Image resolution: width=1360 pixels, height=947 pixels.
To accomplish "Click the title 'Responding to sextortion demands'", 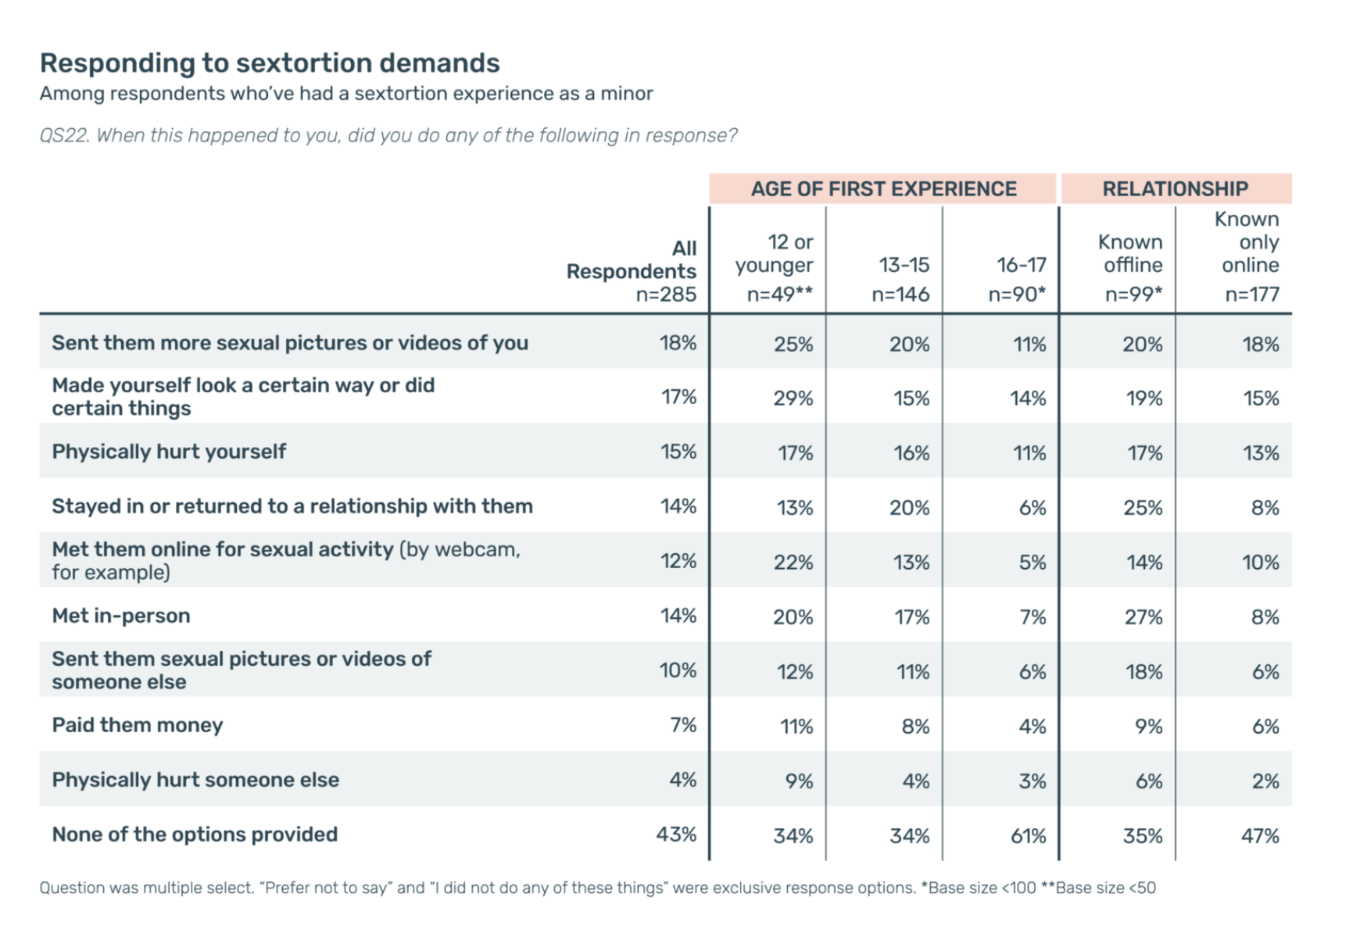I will (x=270, y=63).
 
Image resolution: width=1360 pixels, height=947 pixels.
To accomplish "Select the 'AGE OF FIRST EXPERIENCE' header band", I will (x=883, y=189).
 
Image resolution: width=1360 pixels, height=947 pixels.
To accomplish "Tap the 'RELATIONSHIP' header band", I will (x=1175, y=189).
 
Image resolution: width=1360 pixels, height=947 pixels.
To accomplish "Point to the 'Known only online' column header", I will (x=1250, y=242).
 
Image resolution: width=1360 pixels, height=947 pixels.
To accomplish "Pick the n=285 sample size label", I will (x=666, y=295).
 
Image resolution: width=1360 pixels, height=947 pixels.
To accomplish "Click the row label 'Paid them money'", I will (x=138, y=725).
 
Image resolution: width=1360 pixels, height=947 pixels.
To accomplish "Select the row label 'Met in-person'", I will (x=121, y=616).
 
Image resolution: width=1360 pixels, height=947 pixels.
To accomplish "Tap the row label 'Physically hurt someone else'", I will (x=195, y=780).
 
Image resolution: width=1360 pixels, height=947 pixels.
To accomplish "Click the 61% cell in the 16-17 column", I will (x=1028, y=836).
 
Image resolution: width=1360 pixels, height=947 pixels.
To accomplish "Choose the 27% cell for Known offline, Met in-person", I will (x=1143, y=617).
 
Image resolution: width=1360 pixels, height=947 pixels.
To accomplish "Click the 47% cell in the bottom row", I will (x=1260, y=836).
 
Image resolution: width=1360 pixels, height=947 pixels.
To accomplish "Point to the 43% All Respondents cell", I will (x=676, y=834).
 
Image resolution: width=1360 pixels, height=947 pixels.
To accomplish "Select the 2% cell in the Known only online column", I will (x=1265, y=781).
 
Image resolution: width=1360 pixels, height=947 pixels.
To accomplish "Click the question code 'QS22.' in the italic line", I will (x=64, y=136).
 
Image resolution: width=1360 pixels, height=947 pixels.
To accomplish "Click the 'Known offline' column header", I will (x=1133, y=254).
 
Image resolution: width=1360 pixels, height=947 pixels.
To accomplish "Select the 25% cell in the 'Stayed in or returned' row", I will (x=1143, y=508).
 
